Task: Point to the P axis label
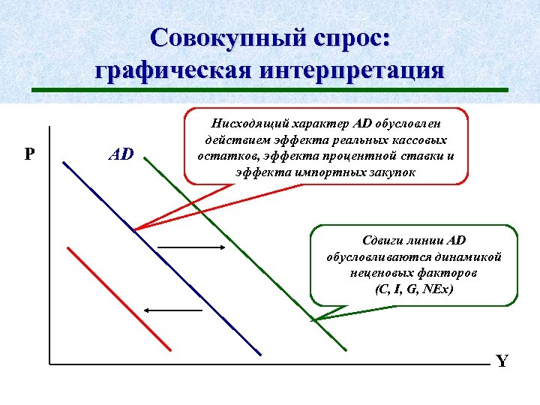29,154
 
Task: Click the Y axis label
502,361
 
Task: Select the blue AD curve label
121,154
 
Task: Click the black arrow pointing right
192,247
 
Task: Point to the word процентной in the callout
363,156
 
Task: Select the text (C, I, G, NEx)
414,289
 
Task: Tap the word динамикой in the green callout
469,256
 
